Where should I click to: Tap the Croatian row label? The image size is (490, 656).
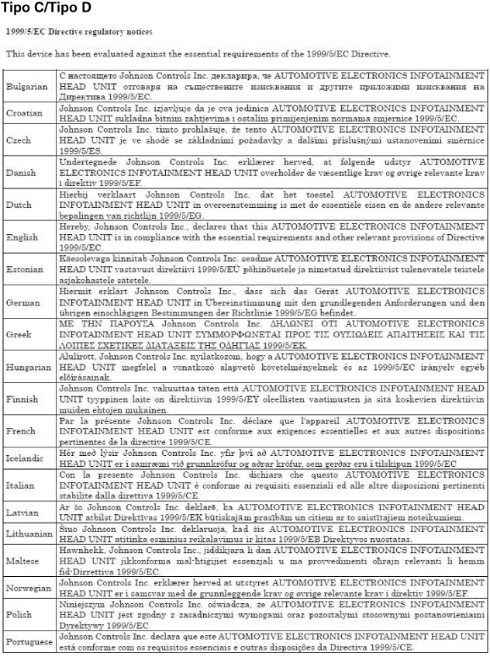[x=24, y=113]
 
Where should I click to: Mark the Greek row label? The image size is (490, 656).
[x=19, y=334]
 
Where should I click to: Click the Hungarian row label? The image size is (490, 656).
[x=28, y=368]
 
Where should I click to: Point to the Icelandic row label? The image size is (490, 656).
[x=26, y=457]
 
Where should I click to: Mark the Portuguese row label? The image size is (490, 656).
[x=29, y=643]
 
